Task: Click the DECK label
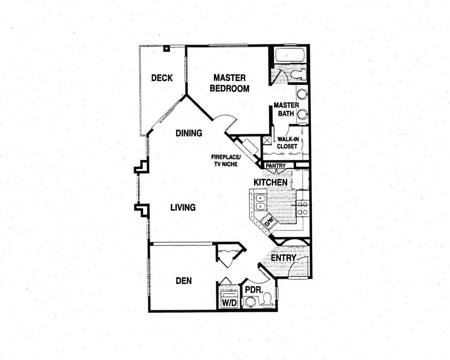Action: pos(162,78)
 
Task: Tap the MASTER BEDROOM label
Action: pos(230,83)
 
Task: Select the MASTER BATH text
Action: pos(286,109)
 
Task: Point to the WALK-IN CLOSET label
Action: pos(287,143)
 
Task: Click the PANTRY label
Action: pos(275,166)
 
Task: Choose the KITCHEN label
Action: pos(270,182)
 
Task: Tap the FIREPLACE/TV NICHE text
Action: pos(225,161)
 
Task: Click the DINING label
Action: pos(189,133)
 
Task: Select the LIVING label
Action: pos(183,207)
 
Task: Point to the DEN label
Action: pos(184,281)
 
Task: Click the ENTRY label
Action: pos(283,258)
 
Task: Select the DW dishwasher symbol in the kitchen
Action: pos(269,222)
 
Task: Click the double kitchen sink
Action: pos(260,202)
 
